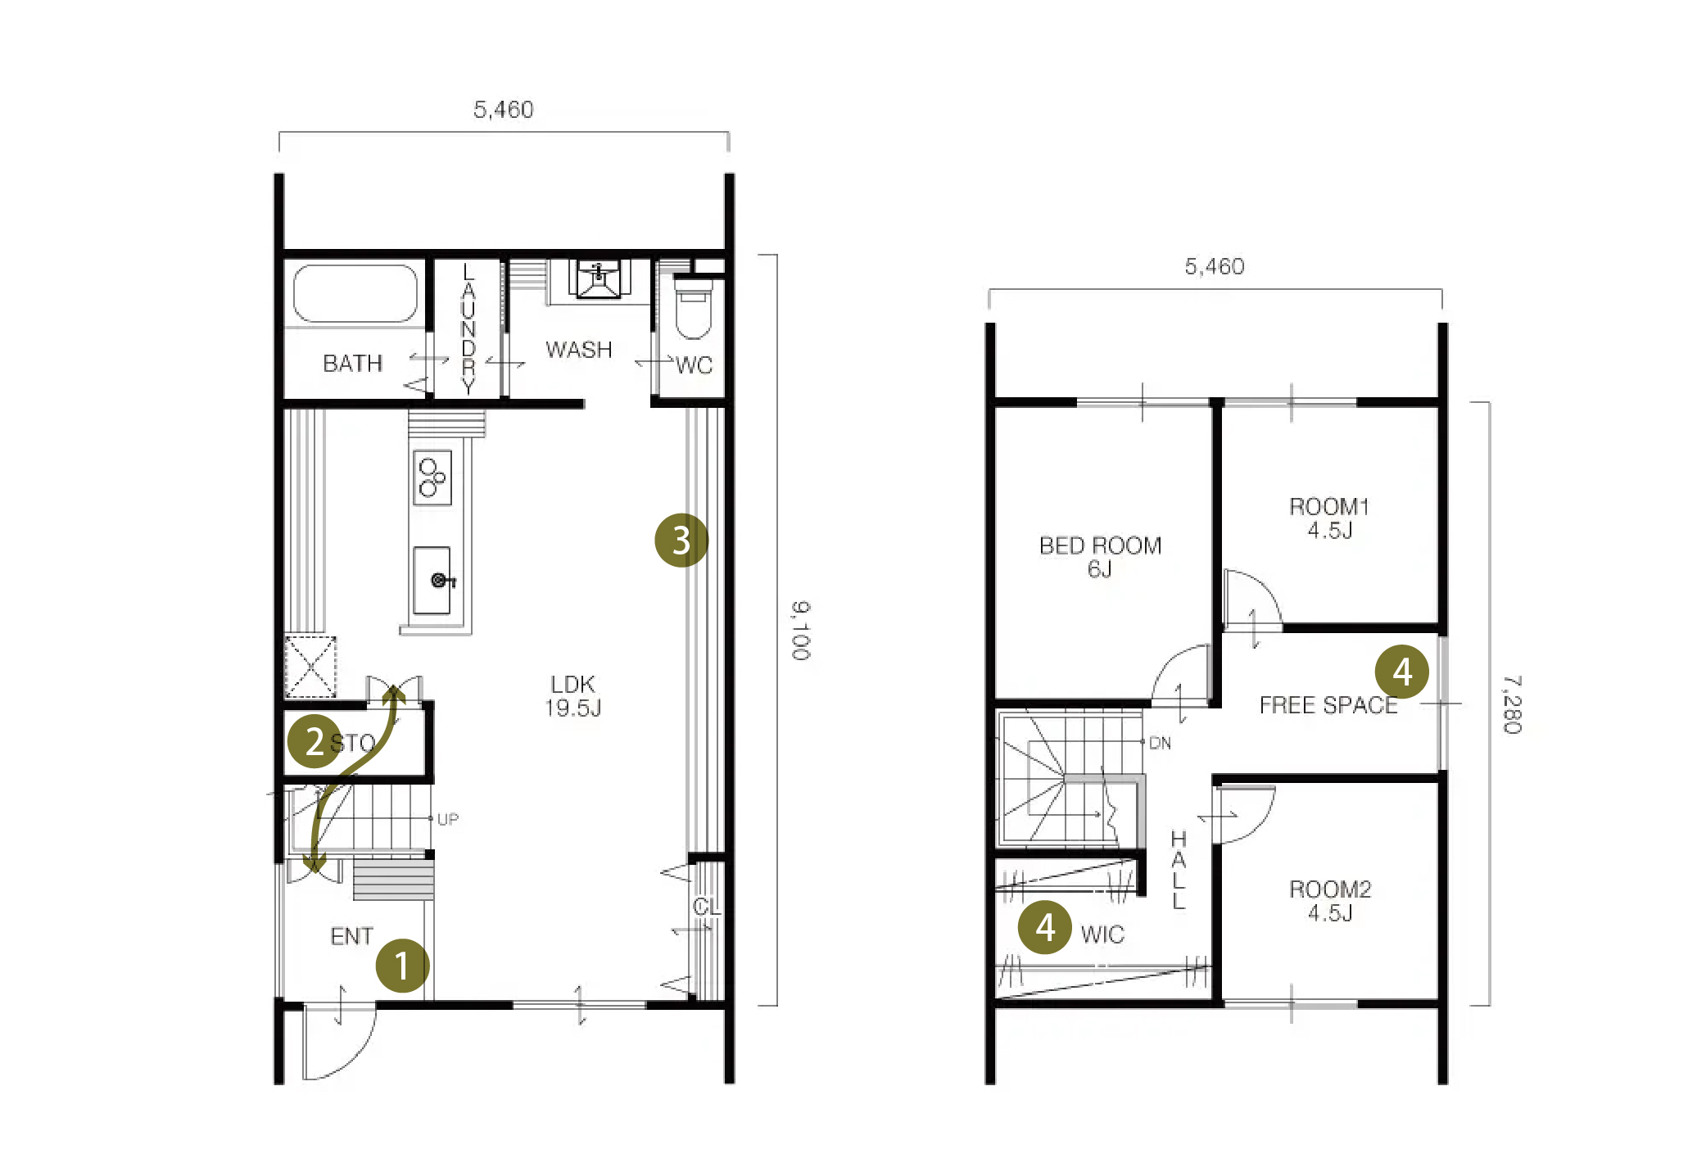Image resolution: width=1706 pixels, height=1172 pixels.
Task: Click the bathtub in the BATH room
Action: tap(355, 292)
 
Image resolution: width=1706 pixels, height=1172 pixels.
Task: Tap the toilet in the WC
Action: tap(693, 309)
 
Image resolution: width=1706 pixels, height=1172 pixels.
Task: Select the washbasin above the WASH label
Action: tap(599, 279)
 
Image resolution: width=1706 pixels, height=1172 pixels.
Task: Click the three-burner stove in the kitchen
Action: tap(432, 477)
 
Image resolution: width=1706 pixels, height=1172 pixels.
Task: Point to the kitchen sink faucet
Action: tap(442, 581)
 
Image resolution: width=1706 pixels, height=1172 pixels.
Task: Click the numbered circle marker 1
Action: tap(402, 965)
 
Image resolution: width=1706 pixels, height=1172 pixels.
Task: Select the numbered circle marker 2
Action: tap(315, 741)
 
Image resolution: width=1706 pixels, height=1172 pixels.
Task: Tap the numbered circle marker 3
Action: tap(681, 541)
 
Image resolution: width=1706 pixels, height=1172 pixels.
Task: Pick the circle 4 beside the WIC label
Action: tap(1045, 927)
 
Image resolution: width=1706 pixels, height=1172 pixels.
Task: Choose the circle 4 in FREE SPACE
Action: tap(1401, 672)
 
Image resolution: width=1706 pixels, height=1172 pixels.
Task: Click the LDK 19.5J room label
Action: tap(573, 696)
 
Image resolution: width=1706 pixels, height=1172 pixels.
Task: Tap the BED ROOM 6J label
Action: tap(1100, 557)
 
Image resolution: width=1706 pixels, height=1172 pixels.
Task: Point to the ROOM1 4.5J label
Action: tap(1329, 518)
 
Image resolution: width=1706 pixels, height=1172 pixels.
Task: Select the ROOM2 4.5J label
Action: tap(1330, 901)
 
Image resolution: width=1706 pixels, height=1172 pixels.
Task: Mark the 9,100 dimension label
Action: tap(800, 631)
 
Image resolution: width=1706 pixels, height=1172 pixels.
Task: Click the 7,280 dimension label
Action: tap(1512, 704)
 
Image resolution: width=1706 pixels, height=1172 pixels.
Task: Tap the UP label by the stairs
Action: tap(447, 819)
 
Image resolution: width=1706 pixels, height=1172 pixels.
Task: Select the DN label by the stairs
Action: tap(1160, 743)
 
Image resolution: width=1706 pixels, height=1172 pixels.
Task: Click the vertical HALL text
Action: tap(1179, 870)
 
